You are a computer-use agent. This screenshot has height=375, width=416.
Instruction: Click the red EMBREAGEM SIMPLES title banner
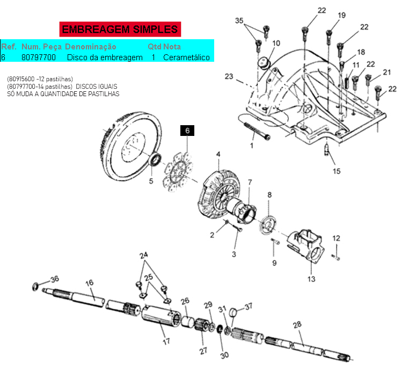pos(120,29)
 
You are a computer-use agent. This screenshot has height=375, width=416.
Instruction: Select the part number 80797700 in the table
pos(39,57)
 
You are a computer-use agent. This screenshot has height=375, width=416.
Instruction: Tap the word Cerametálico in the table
pos(186,57)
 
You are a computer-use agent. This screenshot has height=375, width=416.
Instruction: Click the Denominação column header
pos(91,47)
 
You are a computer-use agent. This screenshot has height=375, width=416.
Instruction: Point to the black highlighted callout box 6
pos(187,131)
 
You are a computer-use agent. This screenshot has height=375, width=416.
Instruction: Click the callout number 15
pos(337,171)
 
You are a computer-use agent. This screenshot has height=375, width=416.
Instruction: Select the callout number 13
pos(311,279)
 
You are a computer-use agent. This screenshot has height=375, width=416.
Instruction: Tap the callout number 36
pos(55,279)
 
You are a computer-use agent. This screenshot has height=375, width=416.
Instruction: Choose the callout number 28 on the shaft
pos(297,324)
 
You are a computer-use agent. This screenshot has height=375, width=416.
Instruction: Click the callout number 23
pos(229,76)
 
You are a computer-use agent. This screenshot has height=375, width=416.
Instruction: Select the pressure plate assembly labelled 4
pos(219,194)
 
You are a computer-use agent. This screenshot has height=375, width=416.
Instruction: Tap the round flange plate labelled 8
pos(267,226)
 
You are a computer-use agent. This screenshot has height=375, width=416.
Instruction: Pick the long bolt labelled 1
pos(256,131)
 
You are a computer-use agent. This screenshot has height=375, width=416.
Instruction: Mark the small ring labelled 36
pos(35,287)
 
